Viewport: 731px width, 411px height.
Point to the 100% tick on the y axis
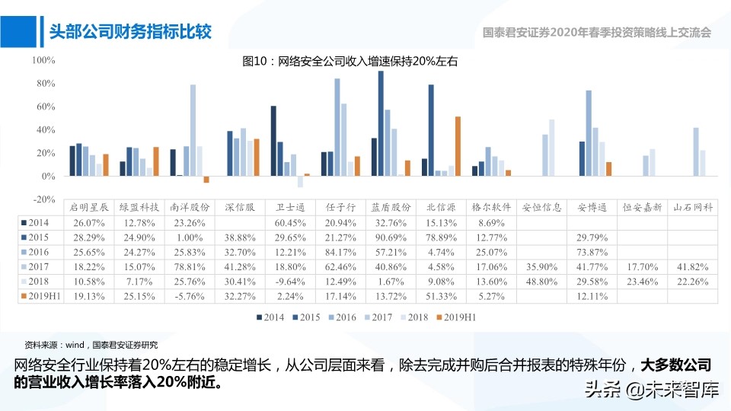tap(43, 60)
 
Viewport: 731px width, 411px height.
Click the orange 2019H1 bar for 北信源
tap(458, 146)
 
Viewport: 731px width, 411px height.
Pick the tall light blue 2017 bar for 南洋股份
tap(193, 130)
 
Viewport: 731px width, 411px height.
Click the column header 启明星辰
tap(89, 207)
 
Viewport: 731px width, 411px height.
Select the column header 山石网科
tap(693, 207)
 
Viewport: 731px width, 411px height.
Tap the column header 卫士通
tap(290, 207)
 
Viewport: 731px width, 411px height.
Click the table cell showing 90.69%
tap(391, 237)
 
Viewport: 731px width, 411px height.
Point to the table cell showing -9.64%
tap(290, 282)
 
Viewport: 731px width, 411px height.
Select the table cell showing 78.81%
tap(190, 266)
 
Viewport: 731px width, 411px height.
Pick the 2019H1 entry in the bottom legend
tap(455, 317)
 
